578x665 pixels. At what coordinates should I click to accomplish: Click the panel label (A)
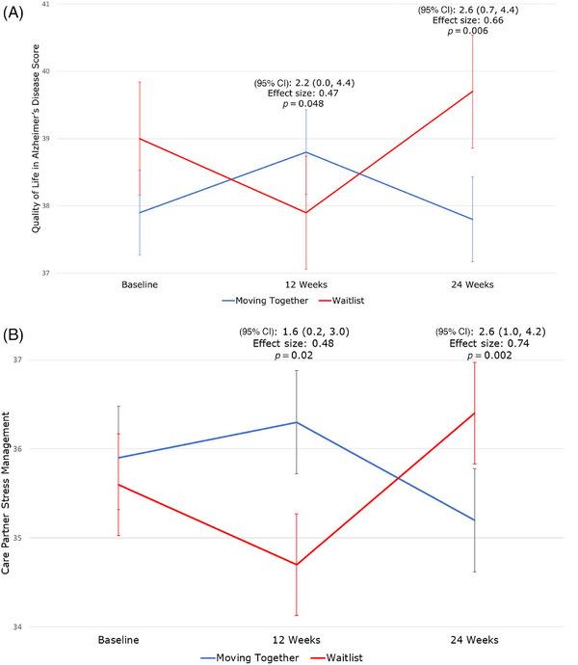coord(15,17)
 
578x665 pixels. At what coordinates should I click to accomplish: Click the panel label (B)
coord(15,338)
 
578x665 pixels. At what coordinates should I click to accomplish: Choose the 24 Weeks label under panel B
coord(472,639)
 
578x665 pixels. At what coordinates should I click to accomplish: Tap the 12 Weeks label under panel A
coord(306,285)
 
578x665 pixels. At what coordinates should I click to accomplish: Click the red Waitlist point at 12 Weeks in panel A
coord(306,213)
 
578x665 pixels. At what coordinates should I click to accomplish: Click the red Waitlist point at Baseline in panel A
coord(140,139)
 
